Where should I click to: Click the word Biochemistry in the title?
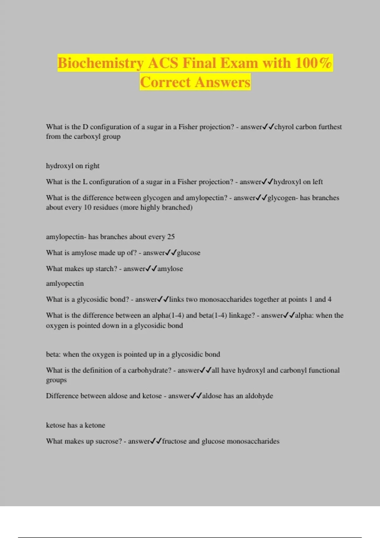tap(100, 63)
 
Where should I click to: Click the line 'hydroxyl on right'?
tap(73, 166)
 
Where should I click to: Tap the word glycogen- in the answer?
tap(282, 198)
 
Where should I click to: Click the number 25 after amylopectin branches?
tap(171, 237)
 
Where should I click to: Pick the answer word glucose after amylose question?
tap(189, 253)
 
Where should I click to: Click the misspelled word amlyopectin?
tap(65, 283)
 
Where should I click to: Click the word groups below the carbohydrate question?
tap(56, 380)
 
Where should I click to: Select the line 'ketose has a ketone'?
tap(75, 425)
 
